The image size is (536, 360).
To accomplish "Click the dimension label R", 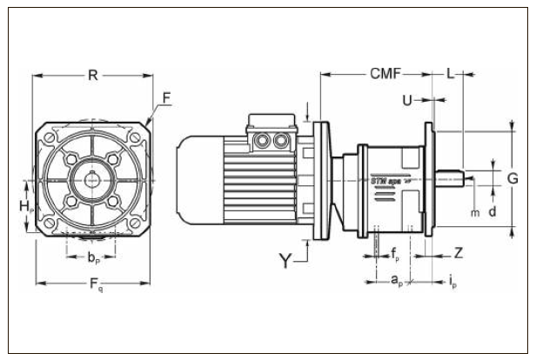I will pos(92,75).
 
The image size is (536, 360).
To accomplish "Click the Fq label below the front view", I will pos(94,288).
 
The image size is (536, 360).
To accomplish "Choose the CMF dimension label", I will pos(385,75).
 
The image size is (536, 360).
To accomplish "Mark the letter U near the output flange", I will pos(407,101).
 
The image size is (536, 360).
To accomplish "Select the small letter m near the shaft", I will pos(474,211).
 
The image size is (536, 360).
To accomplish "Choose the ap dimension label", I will pos(395,281).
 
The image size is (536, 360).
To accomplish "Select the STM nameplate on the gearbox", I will pos(391,183).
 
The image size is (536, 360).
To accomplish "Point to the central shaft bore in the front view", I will pos(92,179).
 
